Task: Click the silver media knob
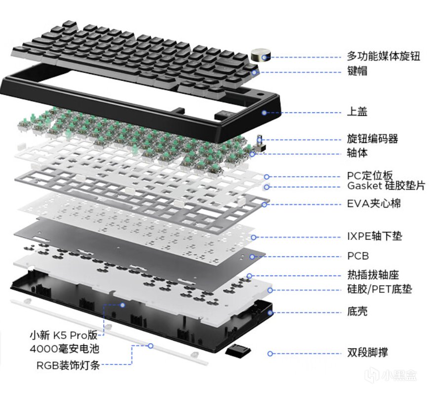261,56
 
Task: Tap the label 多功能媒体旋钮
384,56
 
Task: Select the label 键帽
357,71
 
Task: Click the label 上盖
357,111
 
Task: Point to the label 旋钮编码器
372,139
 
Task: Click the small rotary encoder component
260,144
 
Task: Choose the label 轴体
357,152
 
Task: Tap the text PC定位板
370,175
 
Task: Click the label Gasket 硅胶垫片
386,186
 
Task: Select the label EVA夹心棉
374,204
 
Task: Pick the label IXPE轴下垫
375,236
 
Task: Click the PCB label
358,256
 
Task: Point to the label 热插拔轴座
373,275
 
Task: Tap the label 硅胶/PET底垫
380,289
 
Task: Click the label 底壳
357,311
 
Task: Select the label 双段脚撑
367,352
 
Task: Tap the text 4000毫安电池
65,349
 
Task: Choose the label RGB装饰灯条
68,365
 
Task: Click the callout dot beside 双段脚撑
270,354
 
